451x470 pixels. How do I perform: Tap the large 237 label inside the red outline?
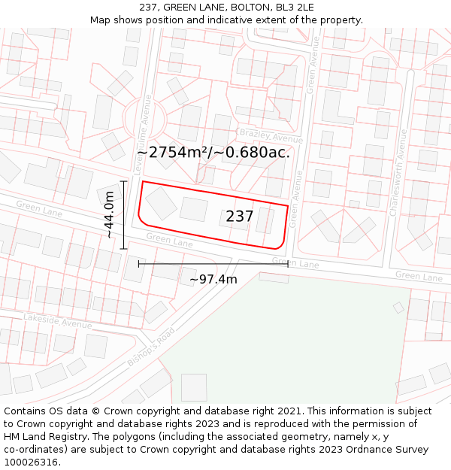[240, 217]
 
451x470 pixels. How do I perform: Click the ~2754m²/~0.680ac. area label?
[213, 153]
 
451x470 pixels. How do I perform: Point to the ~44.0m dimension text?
[110, 215]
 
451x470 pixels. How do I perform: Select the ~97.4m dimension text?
[213, 280]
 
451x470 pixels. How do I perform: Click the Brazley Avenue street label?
[271, 136]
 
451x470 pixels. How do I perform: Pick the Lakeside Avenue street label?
[57, 321]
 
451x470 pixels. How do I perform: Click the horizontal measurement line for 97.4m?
[213, 264]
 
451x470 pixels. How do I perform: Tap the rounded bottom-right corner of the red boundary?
[281, 242]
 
